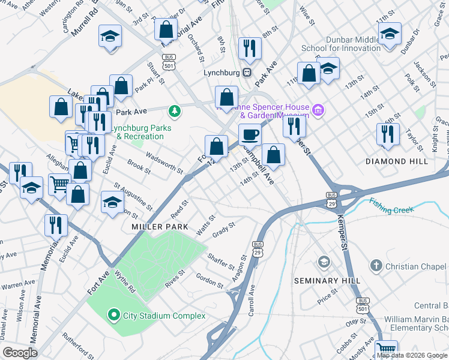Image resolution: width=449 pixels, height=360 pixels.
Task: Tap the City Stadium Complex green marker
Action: click(113, 315)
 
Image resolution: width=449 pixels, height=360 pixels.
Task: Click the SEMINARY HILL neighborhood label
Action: click(327, 280)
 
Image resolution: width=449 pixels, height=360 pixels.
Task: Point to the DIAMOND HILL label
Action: click(397, 161)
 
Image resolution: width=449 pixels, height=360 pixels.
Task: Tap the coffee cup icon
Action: click(250, 134)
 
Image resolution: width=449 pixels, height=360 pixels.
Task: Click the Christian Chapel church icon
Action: click(376, 265)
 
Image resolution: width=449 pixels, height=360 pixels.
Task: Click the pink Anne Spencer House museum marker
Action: click(318, 110)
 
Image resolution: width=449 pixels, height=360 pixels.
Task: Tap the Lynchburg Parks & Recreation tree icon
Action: click(175, 110)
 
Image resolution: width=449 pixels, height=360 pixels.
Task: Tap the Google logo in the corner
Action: click(20, 352)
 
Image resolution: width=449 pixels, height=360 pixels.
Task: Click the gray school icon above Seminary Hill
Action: click(324, 262)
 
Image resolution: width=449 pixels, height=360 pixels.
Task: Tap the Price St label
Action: click(328, 295)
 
